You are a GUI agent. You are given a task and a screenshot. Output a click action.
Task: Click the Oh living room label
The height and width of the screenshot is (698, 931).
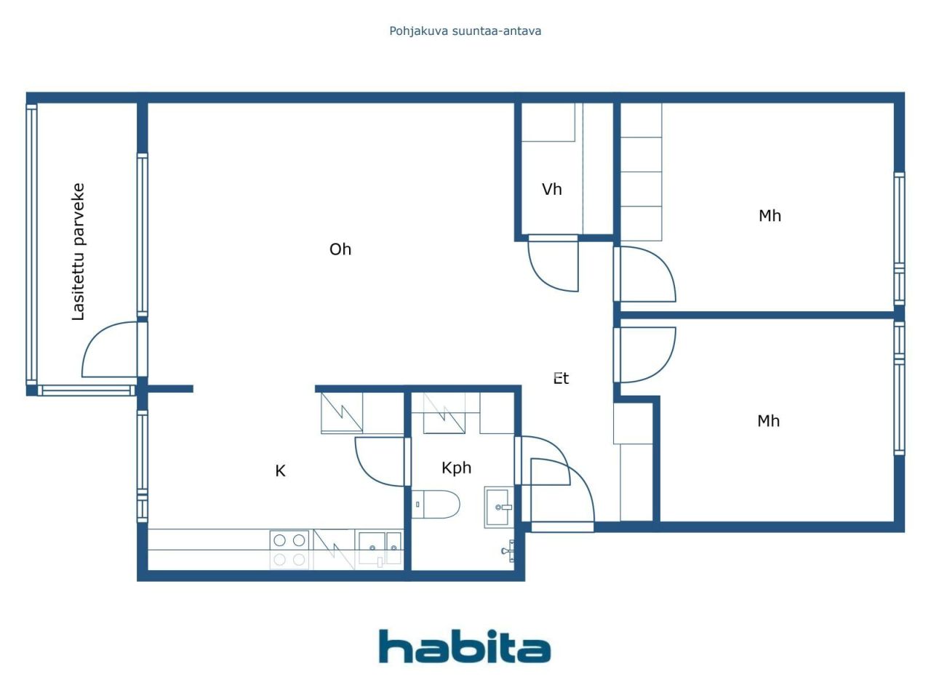tap(340, 249)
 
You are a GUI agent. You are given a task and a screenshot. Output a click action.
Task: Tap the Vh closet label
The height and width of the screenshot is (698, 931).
tap(552, 190)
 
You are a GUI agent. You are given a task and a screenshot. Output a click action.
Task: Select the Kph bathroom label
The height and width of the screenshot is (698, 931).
tap(456, 468)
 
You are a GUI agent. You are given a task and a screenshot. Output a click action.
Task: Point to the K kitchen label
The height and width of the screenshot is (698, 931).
tap(280, 471)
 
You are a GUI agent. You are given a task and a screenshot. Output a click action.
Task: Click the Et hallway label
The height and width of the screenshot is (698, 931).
tap(561, 378)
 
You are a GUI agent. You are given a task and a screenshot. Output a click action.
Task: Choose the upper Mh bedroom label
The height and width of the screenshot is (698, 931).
tap(770, 216)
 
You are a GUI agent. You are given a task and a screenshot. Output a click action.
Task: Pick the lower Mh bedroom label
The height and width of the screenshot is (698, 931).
tap(768, 421)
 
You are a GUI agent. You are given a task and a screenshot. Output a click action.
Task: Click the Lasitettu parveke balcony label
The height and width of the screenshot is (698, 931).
tap(79, 252)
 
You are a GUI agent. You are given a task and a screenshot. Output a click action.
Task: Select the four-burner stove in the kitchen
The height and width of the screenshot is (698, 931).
tap(289, 550)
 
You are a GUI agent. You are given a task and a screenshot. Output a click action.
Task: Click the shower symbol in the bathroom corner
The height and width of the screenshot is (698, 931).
tap(508, 551)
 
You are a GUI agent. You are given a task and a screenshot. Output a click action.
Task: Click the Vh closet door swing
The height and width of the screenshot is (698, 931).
tap(553, 265)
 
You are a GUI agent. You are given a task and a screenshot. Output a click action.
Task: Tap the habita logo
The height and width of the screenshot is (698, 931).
tap(464, 646)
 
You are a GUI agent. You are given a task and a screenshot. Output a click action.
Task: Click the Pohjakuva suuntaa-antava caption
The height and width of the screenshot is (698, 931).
tap(465, 31)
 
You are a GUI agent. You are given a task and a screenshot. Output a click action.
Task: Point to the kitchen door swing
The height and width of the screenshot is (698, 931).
tap(380, 461)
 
